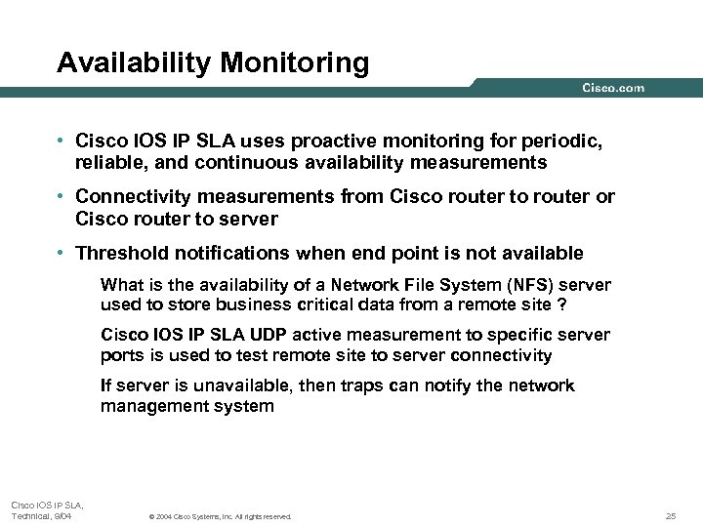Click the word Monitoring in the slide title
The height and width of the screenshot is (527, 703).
[x=295, y=64]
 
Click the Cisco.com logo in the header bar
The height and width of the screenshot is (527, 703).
[x=613, y=88]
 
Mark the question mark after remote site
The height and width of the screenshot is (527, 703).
[x=560, y=304]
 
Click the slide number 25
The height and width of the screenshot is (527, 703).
[x=670, y=515]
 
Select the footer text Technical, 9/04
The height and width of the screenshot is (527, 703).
[x=41, y=515]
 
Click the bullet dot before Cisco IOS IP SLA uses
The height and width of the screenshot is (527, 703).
[x=62, y=142]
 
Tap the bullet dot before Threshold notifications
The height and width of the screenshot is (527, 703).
[x=62, y=254]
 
